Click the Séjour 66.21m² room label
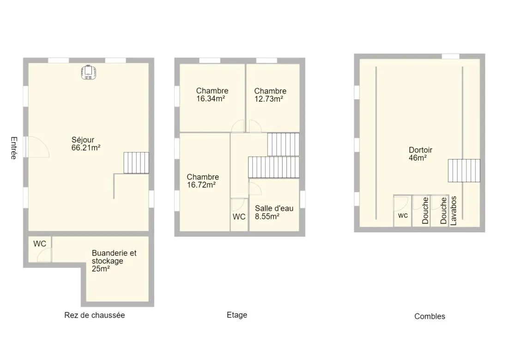(86, 144)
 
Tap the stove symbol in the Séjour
(89, 73)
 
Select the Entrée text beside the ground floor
(13, 148)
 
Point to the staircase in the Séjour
(136, 163)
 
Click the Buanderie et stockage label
(114, 261)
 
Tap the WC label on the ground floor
(40, 244)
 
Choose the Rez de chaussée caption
(95, 315)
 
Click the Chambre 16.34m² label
(212, 95)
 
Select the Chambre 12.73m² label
(270, 95)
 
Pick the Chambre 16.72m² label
(203, 181)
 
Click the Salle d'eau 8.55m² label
(274, 213)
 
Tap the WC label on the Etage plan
(239, 217)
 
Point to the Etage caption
(237, 315)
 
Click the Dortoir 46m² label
(421, 154)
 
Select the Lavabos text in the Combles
(454, 211)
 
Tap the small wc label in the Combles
(403, 215)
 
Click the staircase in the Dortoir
(464, 171)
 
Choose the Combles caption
(429, 316)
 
